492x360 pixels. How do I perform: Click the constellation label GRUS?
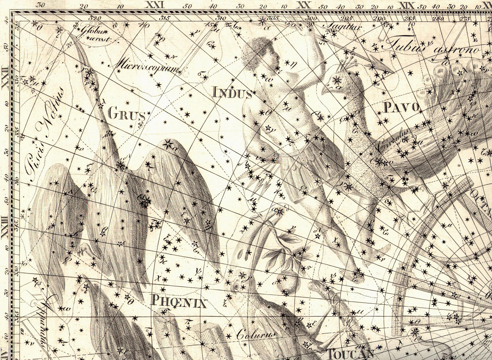click(126, 113)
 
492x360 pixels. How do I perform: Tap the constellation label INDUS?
click(233, 92)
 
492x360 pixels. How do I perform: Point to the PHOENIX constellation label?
click(179, 301)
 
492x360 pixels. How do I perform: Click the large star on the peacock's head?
click(337, 80)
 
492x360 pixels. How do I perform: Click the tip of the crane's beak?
click(71, 35)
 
